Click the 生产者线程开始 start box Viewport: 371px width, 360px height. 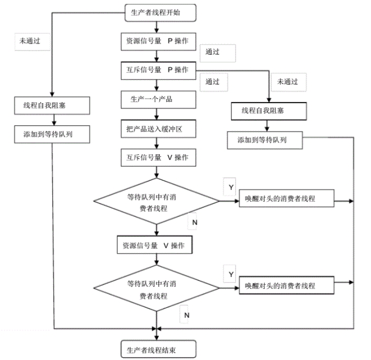(x=160, y=13)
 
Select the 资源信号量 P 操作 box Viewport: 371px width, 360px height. (x=158, y=42)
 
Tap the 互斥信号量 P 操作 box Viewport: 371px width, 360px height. (x=158, y=71)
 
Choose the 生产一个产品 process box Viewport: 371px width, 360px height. (x=158, y=100)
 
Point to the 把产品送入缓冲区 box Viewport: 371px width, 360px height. (x=158, y=129)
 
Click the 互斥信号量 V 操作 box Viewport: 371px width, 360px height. (x=158, y=158)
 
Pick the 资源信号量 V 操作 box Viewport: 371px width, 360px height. (x=154, y=245)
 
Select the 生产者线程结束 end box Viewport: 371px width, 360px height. (x=158, y=349)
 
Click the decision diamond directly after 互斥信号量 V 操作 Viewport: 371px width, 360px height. (x=157, y=201)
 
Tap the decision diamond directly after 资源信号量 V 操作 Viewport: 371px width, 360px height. (x=157, y=288)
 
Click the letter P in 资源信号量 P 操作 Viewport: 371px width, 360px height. (x=170, y=41)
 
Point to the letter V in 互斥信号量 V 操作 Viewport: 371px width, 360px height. (x=170, y=157)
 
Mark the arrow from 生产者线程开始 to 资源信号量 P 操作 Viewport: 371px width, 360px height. (x=157, y=27)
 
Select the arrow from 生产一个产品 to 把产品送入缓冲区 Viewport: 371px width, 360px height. (x=157, y=114)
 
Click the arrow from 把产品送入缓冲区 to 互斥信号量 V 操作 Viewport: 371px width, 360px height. (x=157, y=143)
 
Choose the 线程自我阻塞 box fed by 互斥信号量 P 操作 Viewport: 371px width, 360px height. (x=269, y=112)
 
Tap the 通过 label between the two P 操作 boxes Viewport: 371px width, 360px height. (x=212, y=52)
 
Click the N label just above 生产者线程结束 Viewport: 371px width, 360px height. (x=187, y=315)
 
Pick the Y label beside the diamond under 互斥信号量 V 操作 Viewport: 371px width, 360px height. (x=231, y=187)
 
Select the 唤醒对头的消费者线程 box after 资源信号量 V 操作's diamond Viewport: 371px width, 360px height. (x=287, y=285)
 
